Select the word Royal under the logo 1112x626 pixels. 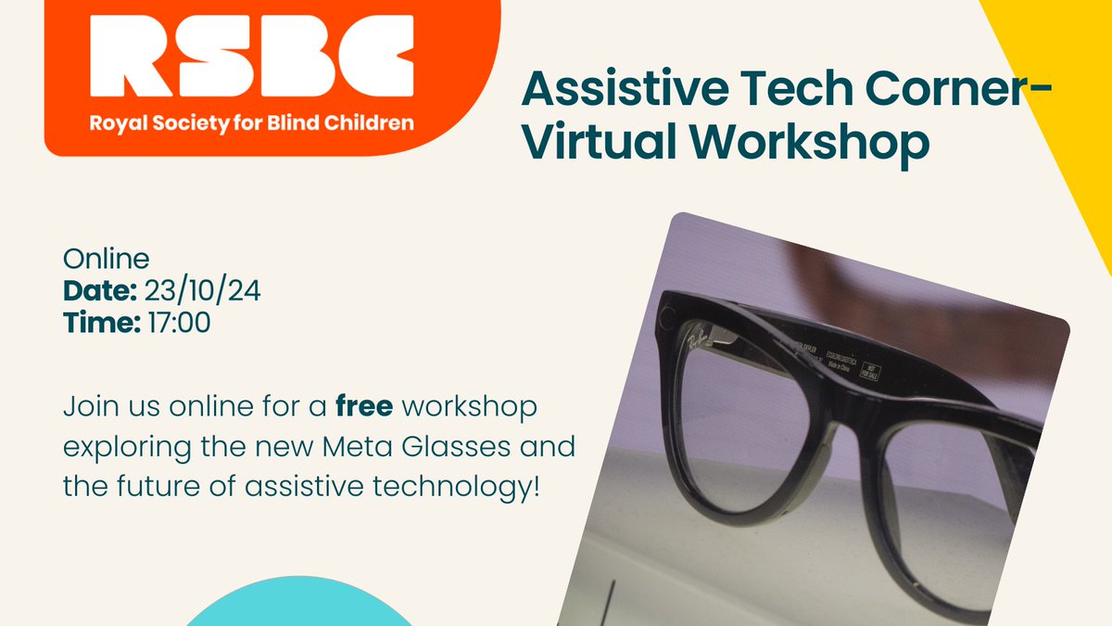(111, 122)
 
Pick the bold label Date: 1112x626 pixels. (100, 291)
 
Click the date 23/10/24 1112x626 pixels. (203, 291)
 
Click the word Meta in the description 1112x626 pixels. (351, 446)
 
